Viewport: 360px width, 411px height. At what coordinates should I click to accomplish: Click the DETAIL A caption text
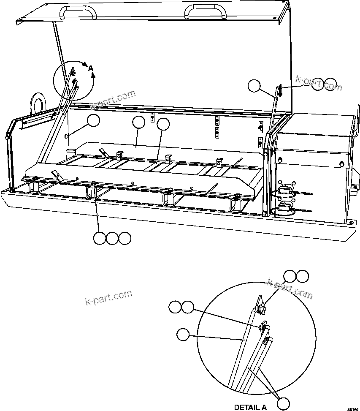250,407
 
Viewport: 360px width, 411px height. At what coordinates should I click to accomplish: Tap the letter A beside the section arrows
90,68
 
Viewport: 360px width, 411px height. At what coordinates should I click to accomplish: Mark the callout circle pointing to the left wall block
94,121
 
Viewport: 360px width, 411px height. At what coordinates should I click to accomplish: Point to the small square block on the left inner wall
66,136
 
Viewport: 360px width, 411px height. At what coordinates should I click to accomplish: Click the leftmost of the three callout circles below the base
100,238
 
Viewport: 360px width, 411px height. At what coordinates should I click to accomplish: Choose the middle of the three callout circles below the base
112,238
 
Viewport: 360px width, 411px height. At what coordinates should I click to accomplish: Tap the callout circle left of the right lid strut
254,86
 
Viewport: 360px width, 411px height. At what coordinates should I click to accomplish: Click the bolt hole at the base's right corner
352,221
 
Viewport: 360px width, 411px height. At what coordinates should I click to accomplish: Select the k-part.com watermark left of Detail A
108,298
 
